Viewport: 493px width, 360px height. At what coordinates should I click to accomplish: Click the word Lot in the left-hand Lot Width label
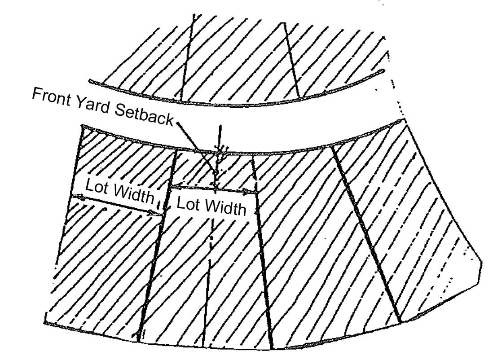(x=96, y=186)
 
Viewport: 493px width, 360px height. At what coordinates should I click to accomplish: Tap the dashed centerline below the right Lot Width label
(x=210, y=251)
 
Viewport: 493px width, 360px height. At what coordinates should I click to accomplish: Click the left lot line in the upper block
(x=186, y=54)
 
